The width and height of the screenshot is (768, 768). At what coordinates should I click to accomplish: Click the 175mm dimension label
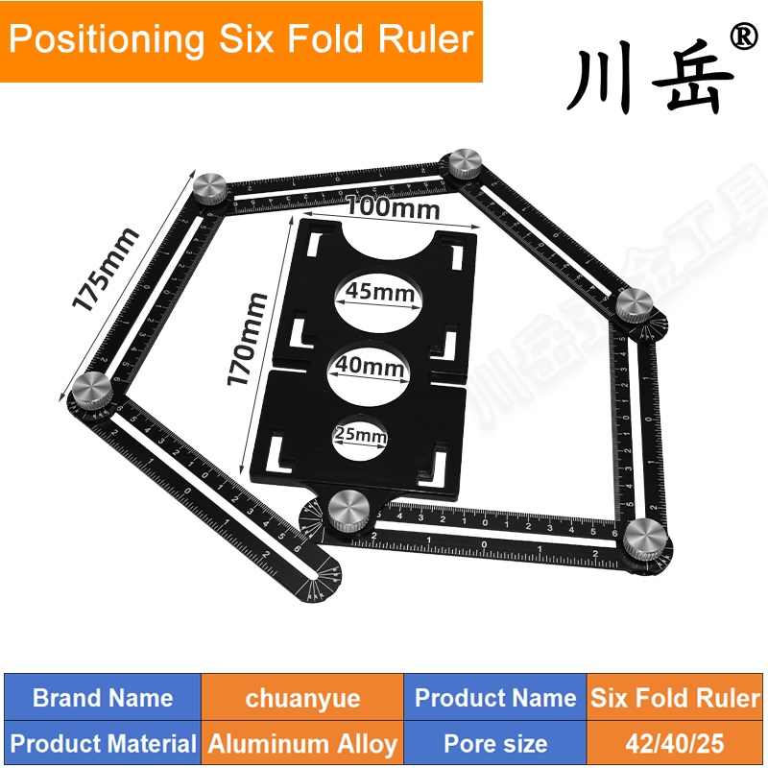pos(108,269)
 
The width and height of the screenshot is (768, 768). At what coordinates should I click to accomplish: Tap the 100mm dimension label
pos(393,207)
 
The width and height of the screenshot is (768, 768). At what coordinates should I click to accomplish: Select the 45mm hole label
pos(377,293)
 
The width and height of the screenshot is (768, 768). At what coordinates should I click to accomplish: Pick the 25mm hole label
pos(360,436)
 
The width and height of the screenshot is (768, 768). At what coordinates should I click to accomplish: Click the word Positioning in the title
pos(106,39)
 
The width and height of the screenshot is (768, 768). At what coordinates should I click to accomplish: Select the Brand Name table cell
pos(103,698)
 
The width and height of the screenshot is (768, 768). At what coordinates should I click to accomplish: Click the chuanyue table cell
pos(302,698)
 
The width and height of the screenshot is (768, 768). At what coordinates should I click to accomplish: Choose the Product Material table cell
pos(103,743)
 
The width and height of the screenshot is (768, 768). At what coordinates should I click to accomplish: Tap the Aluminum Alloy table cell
pos(302,743)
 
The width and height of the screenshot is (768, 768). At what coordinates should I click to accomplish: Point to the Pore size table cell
pos(495,743)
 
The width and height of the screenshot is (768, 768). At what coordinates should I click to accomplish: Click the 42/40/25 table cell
pos(675,743)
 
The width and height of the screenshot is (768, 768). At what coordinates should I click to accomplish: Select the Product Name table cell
pos(495,698)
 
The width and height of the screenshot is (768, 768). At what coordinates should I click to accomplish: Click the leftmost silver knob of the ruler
pos(92,391)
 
